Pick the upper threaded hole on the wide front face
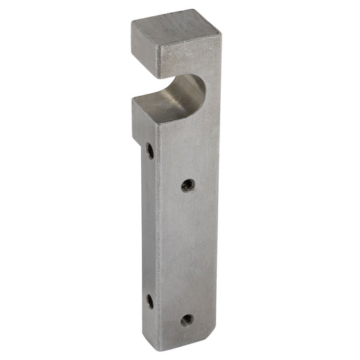point(188,184)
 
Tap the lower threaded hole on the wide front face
point(187,319)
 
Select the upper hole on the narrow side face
point(150,151)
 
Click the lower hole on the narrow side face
point(150,301)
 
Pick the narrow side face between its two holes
point(149,226)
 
